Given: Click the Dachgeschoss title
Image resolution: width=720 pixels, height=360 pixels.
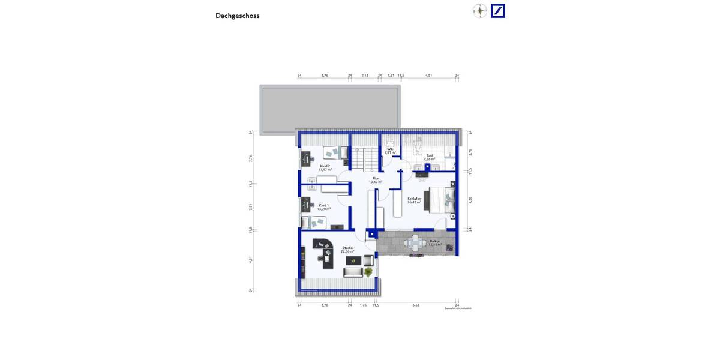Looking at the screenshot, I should (x=238, y=16).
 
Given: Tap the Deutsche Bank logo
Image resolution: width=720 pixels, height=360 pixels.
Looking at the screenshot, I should (x=497, y=11).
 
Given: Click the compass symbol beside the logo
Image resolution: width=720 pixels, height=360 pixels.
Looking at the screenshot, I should (x=479, y=11).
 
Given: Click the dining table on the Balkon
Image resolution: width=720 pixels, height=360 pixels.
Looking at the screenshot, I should (x=415, y=243).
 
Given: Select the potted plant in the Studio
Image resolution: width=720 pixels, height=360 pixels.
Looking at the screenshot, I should (x=368, y=272).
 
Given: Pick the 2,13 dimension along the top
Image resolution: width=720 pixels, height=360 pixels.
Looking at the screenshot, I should (x=365, y=76).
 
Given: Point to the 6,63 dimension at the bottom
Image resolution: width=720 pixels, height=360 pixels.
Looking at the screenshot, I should (x=416, y=305).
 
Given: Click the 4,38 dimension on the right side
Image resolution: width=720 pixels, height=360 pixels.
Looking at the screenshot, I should (x=470, y=200).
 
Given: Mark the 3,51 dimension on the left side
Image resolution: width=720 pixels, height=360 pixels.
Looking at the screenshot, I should (x=251, y=207).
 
